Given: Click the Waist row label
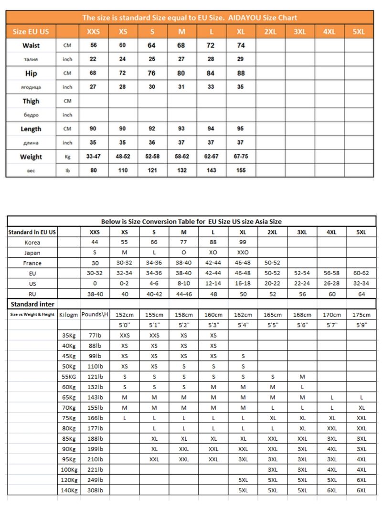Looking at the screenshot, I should (31, 46).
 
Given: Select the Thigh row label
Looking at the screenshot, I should (31, 101).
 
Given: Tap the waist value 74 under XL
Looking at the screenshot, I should (241, 46).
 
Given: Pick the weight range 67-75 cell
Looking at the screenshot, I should (241, 157).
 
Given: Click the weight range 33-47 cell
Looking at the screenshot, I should (93, 157).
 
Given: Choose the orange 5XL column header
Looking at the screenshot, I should (359, 32).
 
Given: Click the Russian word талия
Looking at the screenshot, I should (31, 60).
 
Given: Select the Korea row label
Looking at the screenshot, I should (32, 242).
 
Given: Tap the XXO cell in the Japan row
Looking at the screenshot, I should (243, 253).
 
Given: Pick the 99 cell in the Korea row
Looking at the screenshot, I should (243, 242).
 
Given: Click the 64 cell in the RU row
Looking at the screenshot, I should (361, 294).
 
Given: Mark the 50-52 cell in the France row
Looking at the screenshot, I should (272, 263).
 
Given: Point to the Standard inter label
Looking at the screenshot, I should (32, 304).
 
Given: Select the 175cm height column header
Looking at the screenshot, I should (361, 315).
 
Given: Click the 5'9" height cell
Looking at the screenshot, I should (361, 325).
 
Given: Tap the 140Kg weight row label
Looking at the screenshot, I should (69, 490).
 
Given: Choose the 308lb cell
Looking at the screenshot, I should (95, 490).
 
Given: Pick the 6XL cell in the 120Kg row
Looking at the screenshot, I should (361, 480).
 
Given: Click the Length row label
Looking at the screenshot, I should (31, 129).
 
